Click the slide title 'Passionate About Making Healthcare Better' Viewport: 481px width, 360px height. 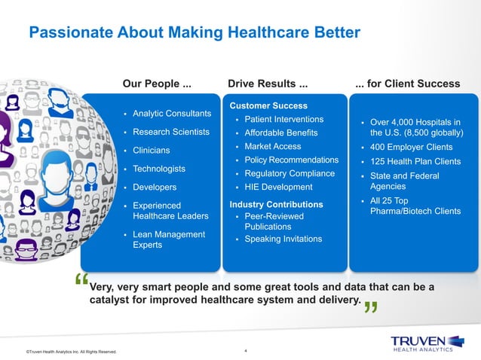[x=195, y=32]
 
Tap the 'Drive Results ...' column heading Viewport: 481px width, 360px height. [x=267, y=83]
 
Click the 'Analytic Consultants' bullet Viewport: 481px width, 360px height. [x=172, y=114]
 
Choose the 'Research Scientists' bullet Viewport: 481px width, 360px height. [x=171, y=133]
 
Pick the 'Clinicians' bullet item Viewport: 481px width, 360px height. [x=151, y=151]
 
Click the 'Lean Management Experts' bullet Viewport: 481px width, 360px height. [x=168, y=239]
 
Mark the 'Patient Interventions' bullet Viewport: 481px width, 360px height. [x=283, y=120]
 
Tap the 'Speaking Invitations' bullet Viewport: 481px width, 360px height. [x=283, y=239]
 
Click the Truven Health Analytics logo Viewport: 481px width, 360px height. [x=421, y=343]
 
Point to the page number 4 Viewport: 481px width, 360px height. [x=246, y=351]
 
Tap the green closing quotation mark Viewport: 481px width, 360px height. [x=370, y=309]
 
